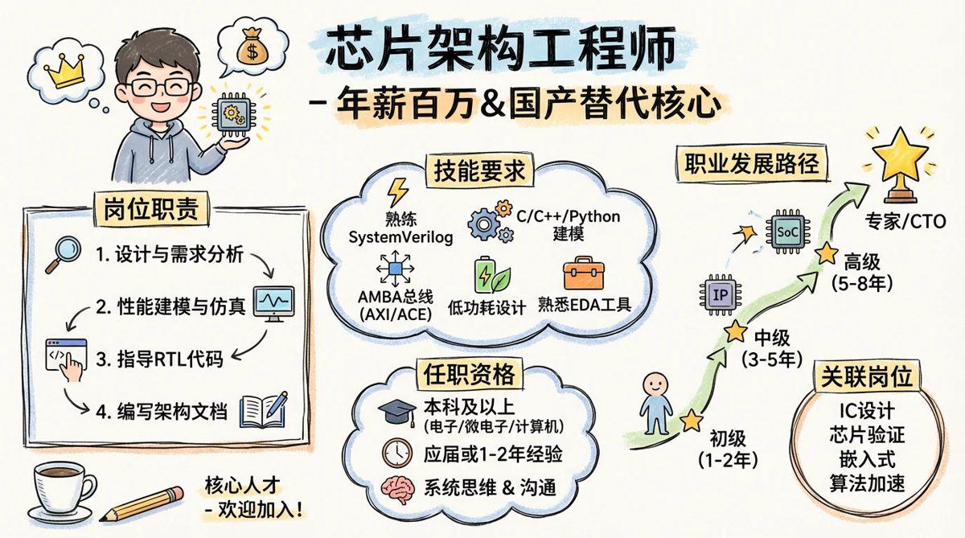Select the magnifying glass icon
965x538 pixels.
[63, 255]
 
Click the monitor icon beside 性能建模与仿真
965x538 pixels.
[274, 303]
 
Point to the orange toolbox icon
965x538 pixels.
[584, 273]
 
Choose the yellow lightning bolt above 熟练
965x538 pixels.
[397, 192]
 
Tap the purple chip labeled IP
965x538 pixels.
[721, 295]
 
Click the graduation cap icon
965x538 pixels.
[397, 413]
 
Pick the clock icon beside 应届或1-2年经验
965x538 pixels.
[397, 453]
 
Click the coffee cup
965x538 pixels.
[62, 491]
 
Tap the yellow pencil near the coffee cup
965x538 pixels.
[142, 504]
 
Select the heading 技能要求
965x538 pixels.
[479, 171]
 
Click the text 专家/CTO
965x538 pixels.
[905, 221]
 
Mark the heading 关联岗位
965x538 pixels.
[867, 376]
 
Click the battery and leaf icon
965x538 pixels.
[492, 275]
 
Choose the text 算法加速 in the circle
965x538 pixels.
[867, 483]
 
